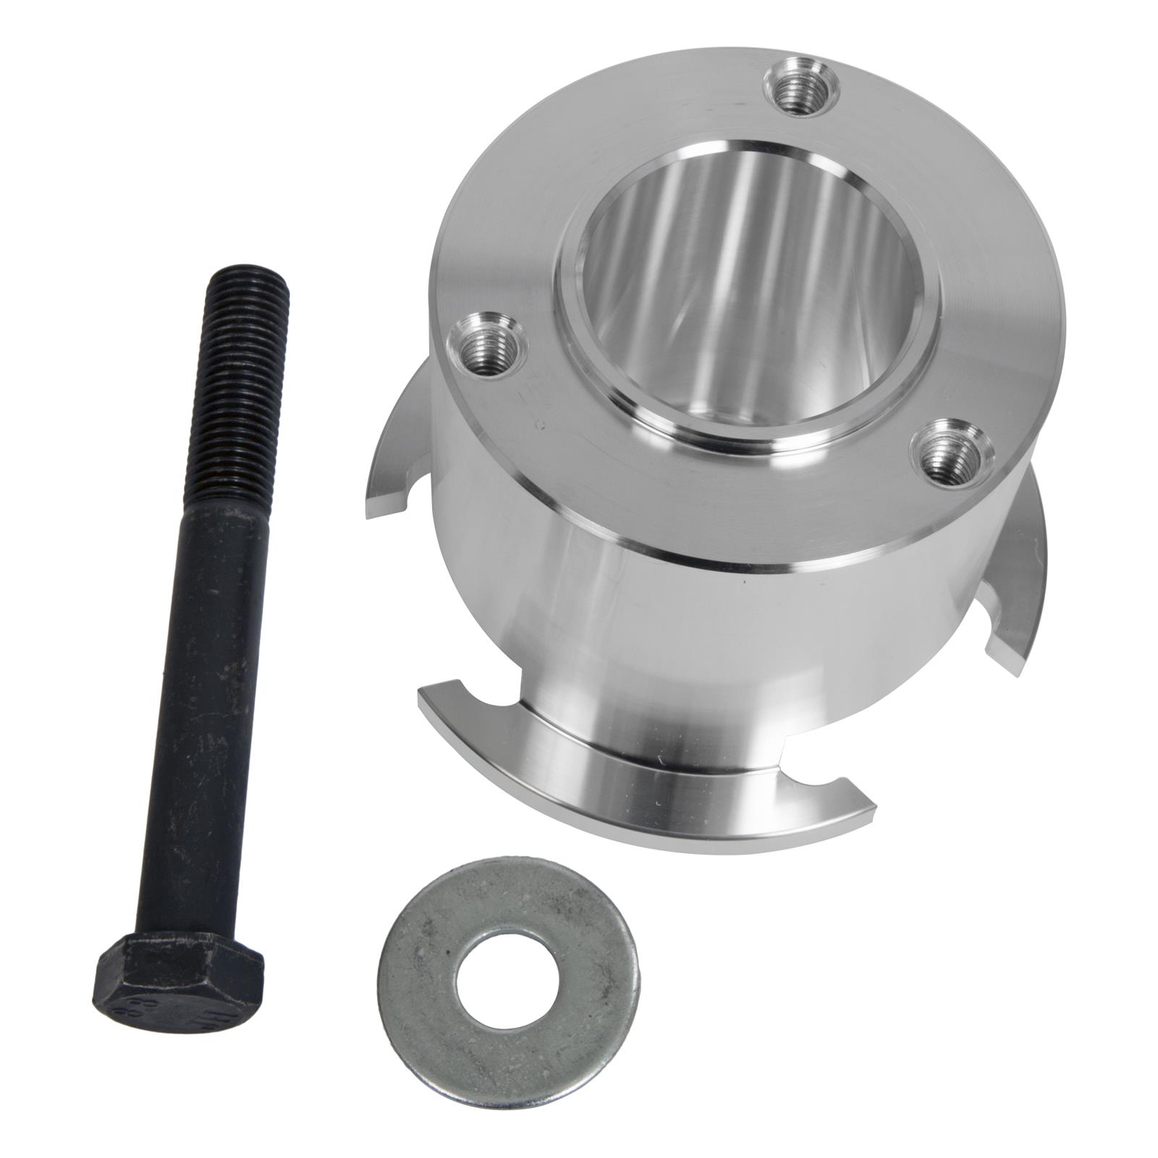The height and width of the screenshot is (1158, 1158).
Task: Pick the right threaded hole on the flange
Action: click(947, 453)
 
